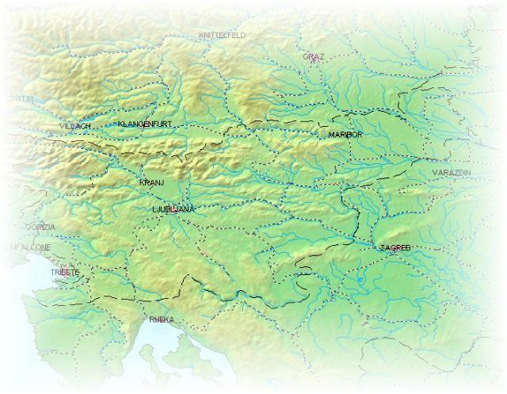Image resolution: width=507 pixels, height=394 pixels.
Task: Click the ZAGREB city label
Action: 395,248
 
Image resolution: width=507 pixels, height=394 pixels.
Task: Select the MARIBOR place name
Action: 345,136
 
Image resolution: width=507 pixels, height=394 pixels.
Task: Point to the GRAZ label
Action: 314,57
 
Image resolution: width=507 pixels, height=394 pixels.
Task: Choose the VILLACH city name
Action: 74,126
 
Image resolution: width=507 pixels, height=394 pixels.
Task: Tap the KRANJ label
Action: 151,183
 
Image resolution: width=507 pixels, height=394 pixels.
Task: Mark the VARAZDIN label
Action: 452,172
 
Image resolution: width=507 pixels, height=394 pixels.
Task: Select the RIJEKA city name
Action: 161,319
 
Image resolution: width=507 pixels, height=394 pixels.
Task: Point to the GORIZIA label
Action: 40,227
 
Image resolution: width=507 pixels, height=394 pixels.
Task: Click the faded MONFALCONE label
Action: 29,247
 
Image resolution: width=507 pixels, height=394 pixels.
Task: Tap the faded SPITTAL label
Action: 19,99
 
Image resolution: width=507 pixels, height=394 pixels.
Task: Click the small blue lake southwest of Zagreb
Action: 360,279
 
